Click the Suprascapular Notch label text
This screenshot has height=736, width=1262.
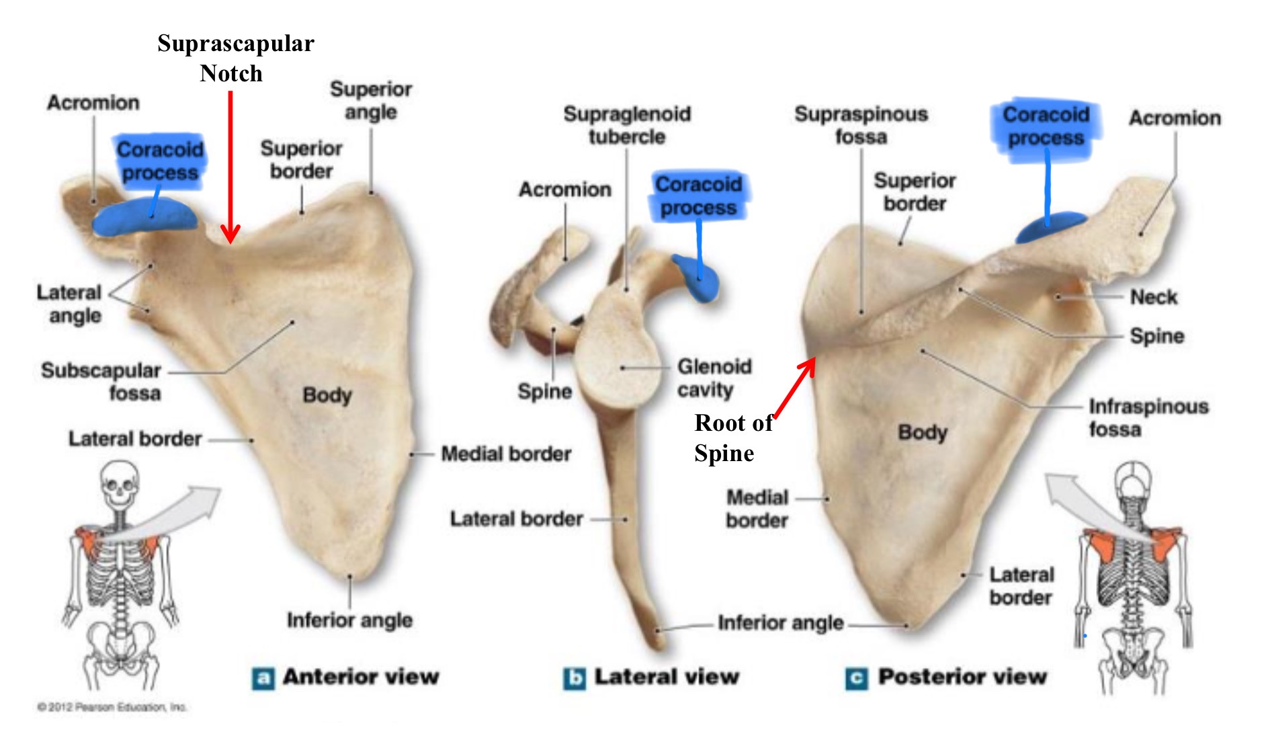click(235, 58)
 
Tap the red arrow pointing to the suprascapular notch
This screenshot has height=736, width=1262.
click(230, 168)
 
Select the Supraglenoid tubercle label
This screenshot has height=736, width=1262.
click(626, 125)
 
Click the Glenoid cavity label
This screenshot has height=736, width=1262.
click(714, 378)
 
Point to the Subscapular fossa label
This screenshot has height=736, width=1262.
click(101, 381)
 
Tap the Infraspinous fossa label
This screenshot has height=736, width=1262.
click(1148, 417)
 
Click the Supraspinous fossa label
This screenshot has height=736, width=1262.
click(861, 125)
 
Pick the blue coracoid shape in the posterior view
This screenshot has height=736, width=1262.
click(1049, 227)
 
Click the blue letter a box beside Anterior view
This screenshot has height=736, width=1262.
click(263, 678)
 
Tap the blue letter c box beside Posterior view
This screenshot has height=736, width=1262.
click(855, 678)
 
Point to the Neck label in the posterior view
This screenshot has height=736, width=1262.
click(1153, 297)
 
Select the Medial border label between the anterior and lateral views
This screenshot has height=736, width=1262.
click(506, 454)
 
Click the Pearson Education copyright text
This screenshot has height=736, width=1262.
click(112, 707)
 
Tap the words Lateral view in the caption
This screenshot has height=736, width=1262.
click(666, 677)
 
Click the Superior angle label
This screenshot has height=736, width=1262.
click(371, 100)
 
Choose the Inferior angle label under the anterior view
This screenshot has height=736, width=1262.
click(349, 620)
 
